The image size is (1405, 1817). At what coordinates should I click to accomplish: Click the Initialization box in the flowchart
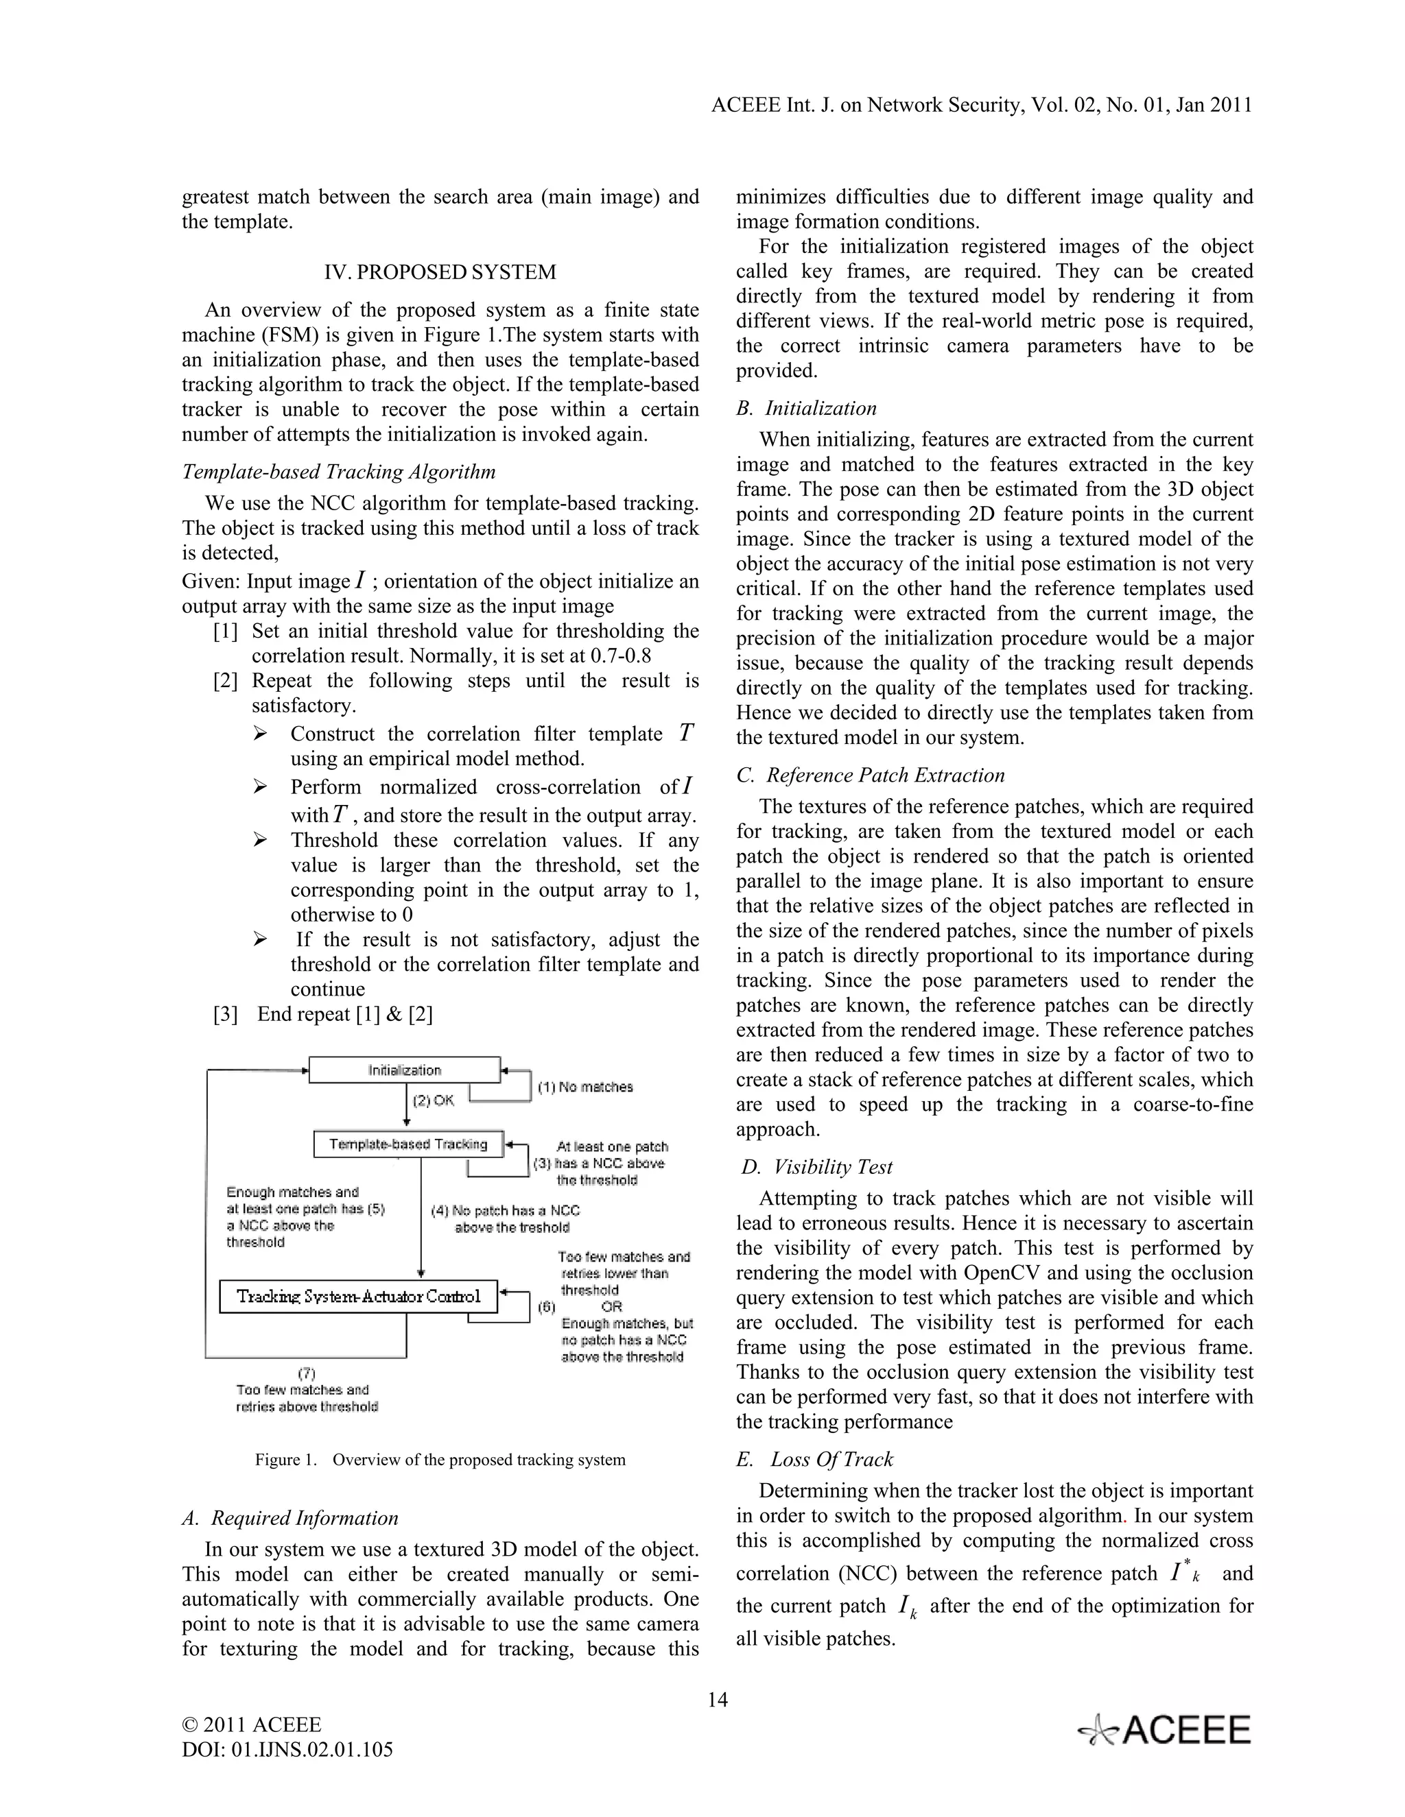405,1070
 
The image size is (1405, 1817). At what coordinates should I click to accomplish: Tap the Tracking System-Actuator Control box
359,1296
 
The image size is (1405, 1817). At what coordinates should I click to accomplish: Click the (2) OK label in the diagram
434,1100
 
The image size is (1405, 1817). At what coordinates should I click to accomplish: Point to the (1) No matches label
585,1087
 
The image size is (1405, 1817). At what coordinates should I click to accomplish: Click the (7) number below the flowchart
306,1373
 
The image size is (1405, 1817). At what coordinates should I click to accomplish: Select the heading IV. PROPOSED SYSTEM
440,272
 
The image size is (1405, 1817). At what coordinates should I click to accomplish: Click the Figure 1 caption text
440,1459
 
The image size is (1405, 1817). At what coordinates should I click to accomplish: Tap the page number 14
718,1700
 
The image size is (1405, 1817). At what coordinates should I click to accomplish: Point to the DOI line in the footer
287,1749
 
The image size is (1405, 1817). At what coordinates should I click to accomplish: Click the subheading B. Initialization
807,408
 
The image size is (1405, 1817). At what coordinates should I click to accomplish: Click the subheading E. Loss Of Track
815,1459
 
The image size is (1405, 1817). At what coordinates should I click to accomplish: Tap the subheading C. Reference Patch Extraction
871,775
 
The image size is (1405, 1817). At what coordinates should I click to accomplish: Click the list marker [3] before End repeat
226,1014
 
